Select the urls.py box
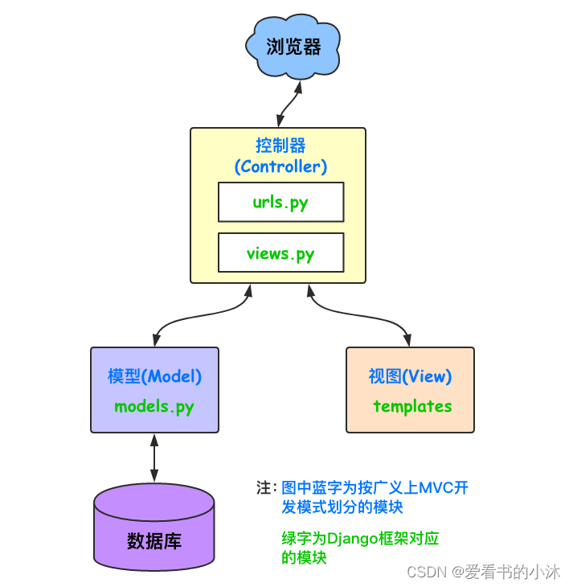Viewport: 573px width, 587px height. click(280, 202)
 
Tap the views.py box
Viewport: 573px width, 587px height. click(280, 253)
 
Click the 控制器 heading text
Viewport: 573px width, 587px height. click(280, 146)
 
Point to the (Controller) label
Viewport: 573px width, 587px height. click(280, 167)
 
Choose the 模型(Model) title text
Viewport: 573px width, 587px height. click(154, 376)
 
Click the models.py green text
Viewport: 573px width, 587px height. click(154, 406)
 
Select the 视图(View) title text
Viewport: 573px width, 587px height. click(410, 376)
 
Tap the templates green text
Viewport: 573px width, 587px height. click(412, 406)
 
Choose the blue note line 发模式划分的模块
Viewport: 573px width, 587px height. click(342, 507)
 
